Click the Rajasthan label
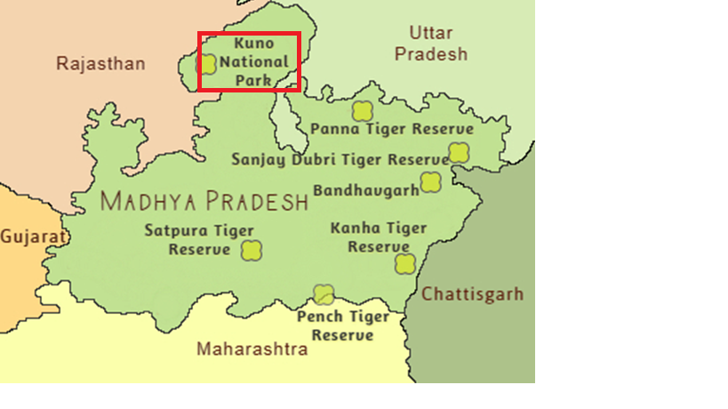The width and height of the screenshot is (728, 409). (100, 64)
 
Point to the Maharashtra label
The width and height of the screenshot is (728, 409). (252, 349)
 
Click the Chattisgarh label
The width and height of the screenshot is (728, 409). (473, 294)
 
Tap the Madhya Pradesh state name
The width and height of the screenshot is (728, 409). (204, 201)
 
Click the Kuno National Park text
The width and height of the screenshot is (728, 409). (254, 61)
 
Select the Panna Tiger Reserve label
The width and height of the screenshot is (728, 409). (392, 129)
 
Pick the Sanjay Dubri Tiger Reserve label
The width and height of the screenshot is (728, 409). (340, 160)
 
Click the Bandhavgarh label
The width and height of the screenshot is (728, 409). (365, 190)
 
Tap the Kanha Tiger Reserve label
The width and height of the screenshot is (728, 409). (379, 237)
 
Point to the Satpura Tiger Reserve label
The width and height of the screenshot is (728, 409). (200, 240)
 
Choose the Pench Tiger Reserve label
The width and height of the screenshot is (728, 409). (343, 325)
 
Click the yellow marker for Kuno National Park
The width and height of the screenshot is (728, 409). (207, 64)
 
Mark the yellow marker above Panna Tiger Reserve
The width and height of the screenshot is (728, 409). (362, 111)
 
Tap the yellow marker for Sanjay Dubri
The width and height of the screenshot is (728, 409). (458, 153)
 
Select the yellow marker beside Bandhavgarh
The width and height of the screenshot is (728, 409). (431, 182)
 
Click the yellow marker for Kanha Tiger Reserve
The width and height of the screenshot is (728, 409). (405, 263)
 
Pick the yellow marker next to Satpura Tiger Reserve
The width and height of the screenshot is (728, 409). (252, 251)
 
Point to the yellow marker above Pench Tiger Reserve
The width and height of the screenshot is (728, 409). (324, 294)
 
